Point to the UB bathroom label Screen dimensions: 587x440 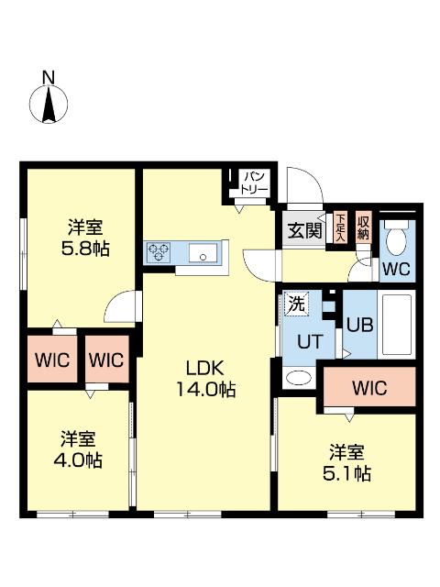(x=358, y=323)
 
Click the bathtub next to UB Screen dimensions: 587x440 (x=395, y=326)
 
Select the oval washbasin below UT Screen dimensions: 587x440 (x=298, y=378)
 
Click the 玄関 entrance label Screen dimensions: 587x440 (x=302, y=230)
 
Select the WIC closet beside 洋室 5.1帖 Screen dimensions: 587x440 (x=368, y=388)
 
